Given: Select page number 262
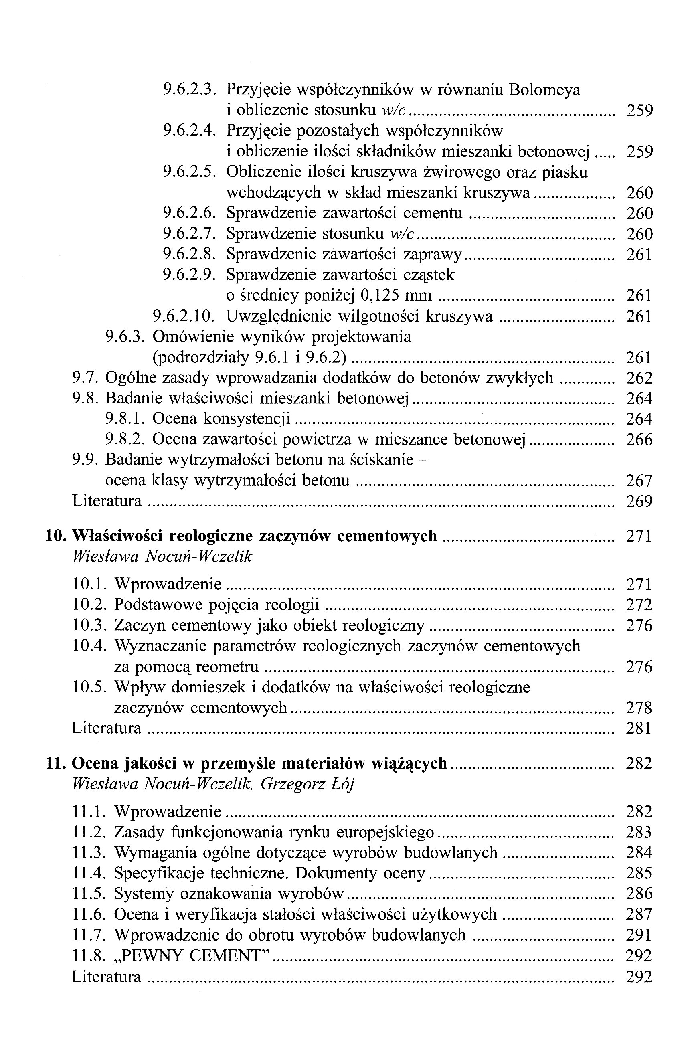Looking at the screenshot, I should [x=639, y=378].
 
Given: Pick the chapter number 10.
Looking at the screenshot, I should [x=55, y=536].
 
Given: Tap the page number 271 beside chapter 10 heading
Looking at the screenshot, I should [x=639, y=536].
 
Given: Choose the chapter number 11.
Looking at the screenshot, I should [x=55, y=763].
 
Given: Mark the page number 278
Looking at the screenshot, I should [x=639, y=708].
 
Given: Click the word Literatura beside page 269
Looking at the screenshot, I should [x=107, y=502].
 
